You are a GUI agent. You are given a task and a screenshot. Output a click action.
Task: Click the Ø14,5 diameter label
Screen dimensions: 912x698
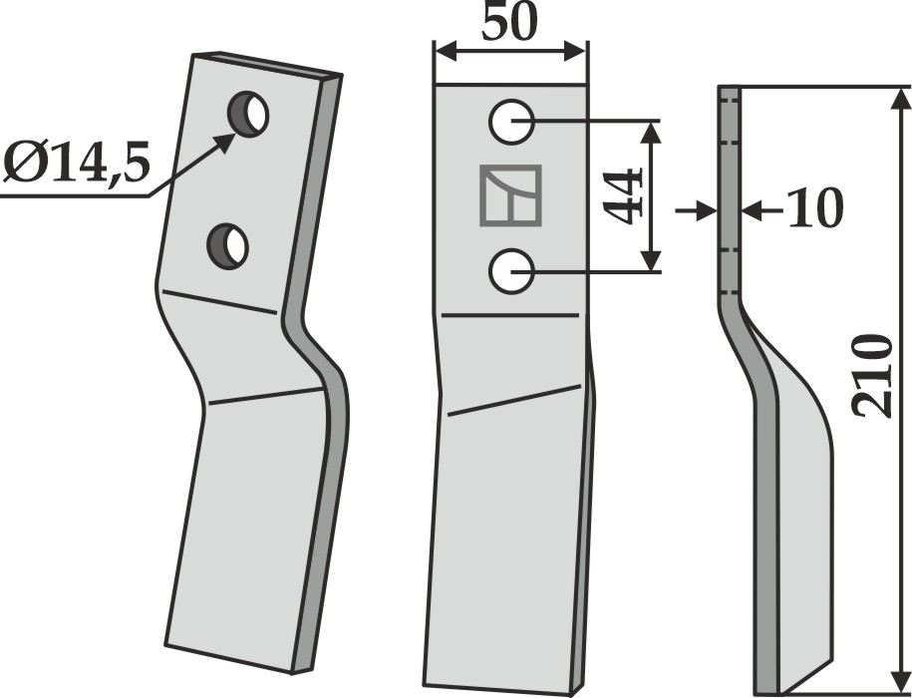coord(77,163)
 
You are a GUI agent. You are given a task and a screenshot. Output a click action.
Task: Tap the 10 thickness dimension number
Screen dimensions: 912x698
coord(814,207)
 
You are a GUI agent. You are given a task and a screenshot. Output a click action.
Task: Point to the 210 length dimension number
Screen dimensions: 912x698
coord(871,376)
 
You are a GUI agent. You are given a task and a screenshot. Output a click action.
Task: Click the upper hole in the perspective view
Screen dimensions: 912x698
coord(248,114)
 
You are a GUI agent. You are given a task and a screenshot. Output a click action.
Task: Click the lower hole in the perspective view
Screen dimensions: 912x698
coord(227,246)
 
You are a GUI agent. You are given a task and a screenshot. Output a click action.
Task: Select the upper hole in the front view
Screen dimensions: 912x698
coord(511,122)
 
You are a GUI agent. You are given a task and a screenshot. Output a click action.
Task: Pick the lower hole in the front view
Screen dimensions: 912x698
coord(511,271)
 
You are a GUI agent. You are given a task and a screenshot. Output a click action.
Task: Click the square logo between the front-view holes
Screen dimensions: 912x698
coord(510,195)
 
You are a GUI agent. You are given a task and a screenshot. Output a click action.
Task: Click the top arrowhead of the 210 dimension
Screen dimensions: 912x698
coord(900,101)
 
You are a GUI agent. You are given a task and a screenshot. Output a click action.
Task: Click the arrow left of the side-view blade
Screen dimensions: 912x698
coord(697,210)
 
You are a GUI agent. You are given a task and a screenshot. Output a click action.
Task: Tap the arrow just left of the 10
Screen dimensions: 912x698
coord(761,211)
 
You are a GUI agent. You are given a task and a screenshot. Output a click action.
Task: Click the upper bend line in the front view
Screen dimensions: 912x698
coord(510,315)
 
